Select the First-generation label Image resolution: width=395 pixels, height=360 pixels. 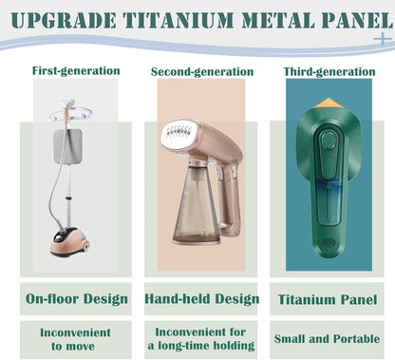pos(76,70)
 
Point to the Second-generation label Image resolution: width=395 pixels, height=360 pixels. pos(203,71)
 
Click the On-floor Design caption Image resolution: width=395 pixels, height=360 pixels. pos(76,299)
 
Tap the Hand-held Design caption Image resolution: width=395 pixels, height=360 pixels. pos(201,299)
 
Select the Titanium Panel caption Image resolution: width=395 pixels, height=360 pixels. pos(327,299)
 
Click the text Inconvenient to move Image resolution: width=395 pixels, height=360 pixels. pos(76,338)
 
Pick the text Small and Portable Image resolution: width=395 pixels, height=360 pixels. pos(327,339)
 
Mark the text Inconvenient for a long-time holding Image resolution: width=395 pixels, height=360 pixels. pos(201,338)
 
